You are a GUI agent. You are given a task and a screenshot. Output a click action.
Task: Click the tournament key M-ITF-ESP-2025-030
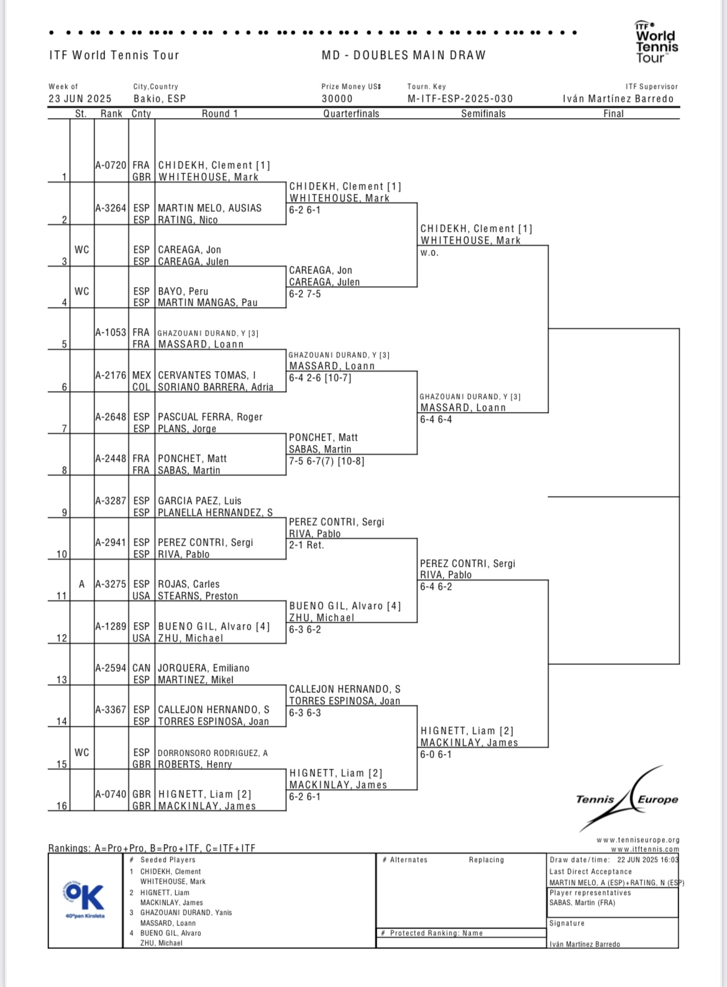click(460, 99)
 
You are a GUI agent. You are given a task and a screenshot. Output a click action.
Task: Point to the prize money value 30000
click(337, 99)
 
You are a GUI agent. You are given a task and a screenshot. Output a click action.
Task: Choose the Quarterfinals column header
click(351, 114)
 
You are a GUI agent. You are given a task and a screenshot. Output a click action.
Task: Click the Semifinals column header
click(483, 114)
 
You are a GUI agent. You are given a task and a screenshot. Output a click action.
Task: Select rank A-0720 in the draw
click(111, 165)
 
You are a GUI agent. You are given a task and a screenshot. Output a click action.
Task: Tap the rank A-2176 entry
click(111, 375)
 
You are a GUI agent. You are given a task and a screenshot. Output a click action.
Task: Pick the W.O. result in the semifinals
click(429, 253)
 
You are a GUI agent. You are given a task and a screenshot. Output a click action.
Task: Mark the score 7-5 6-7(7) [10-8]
click(326, 461)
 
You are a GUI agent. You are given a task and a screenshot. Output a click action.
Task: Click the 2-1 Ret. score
click(306, 545)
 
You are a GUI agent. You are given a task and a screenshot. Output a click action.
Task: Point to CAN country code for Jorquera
click(141, 668)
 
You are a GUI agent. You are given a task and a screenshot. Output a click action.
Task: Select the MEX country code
click(141, 375)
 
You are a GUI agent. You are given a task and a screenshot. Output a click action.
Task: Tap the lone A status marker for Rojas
click(81, 584)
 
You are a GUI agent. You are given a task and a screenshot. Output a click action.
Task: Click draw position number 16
click(62, 806)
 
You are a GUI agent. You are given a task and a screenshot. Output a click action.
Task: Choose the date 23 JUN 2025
click(80, 99)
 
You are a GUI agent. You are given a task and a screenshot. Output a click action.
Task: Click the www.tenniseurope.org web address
click(638, 840)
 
